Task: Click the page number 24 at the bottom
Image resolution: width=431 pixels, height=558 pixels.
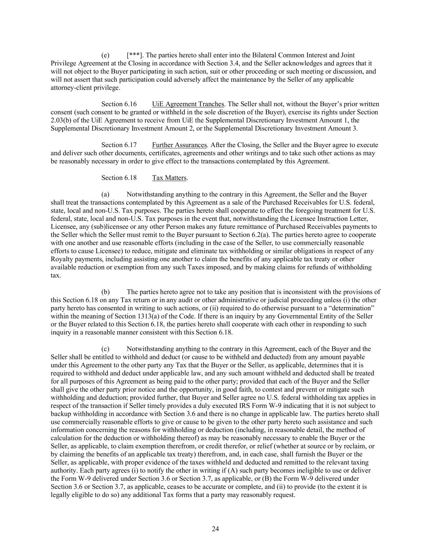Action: pyautogui.click(x=215, y=529)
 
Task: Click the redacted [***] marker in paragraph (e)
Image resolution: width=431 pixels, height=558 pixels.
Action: pyautogui.click(x=134, y=55)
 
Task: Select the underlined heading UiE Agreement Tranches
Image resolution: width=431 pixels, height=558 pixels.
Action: pyautogui.click(x=188, y=104)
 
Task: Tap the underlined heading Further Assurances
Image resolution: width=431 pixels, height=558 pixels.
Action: pyautogui.click(x=179, y=145)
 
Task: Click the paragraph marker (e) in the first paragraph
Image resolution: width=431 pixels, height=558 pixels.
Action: pyautogui.click(x=105, y=55)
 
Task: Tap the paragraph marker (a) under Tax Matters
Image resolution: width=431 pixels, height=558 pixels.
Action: pyautogui.click(x=105, y=194)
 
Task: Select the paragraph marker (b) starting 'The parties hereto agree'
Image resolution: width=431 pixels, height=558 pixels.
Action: pyautogui.click(x=105, y=292)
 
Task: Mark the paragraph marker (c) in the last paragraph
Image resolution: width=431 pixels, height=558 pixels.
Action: pyautogui.click(x=105, y=349)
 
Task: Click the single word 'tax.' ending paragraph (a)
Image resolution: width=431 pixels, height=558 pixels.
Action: pyautogui.click(x=56, y=276)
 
